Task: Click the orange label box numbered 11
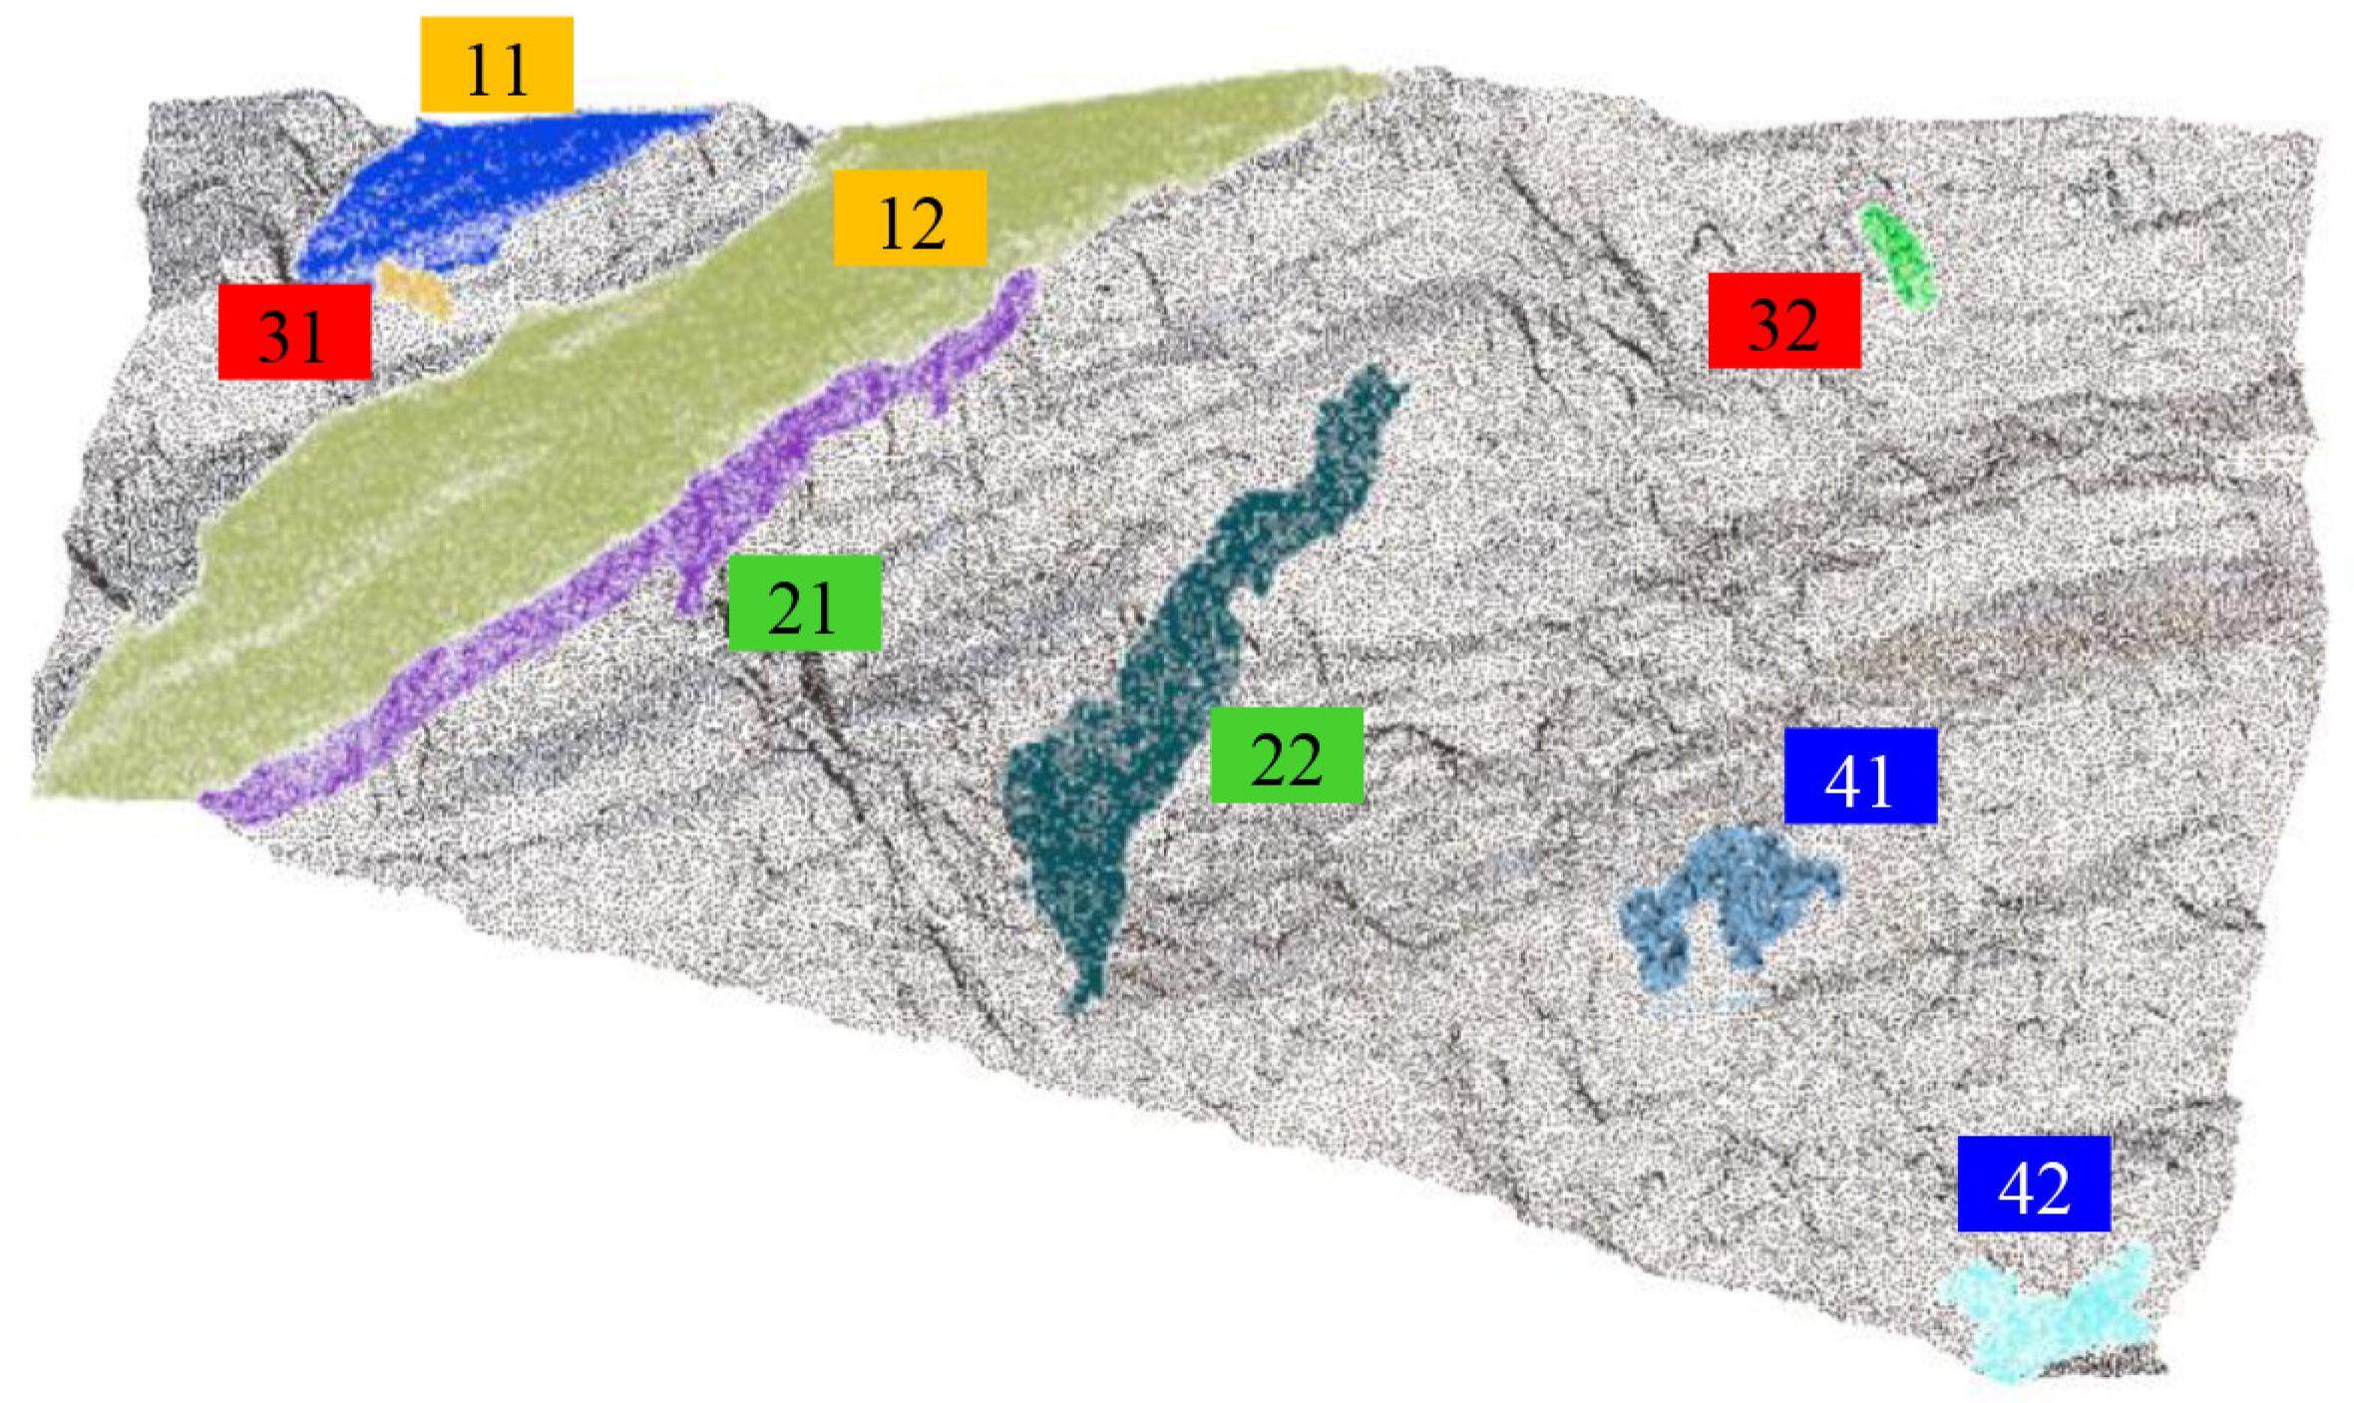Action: click(497, 65)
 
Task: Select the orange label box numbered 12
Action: click(910, 217)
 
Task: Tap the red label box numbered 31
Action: click(294, 331)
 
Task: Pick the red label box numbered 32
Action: click(1783, 320)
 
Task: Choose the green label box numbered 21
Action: click(804, 603)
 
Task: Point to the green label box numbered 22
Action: click(1286, 755)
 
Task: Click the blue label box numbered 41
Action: click(1859, 776)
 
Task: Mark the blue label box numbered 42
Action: click(2033, 1184)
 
